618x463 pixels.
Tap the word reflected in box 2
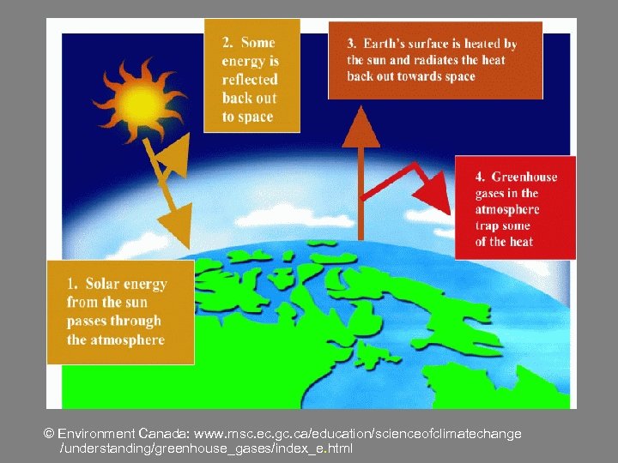click(250, 80)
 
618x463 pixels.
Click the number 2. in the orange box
click(228, 42)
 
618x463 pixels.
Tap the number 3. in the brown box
click(352, 44)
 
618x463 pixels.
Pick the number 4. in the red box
click(482, 177)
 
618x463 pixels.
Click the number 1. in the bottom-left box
click(73, 284)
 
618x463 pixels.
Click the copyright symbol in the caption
click(49, 435)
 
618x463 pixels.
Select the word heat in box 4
click(520, 242)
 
